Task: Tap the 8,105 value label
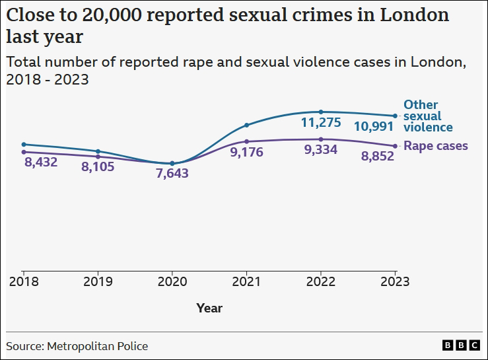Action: pyautogui.click(x=98, y=166)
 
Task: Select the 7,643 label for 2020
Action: pyautogui.click(x=172, y=174)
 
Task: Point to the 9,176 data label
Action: pyautogui.click(x=246, y=152)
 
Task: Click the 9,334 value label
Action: pyautogui.click(x=320, y=149)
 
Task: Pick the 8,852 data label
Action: pyautogui.click(x=377, y=156)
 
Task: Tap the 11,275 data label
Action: pyautogui.click(x=320, y=122)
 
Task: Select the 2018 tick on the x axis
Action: pyautogui.click(x=24, y=281)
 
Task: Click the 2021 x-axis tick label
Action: pyautogui.click(x=246, y=281)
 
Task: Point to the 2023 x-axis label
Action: pyautogui.click(x=395, y=281)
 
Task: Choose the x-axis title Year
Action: pyautogui.click(x=209, y=308)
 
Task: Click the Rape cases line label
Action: pyautogui.click(x=436, y=146)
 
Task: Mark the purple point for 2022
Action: pyautogui.click(x=321, y=139)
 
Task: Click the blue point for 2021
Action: pyautogui.click(x=246, y=125)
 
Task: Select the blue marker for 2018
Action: pyautogui.click(x=24, y=144)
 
